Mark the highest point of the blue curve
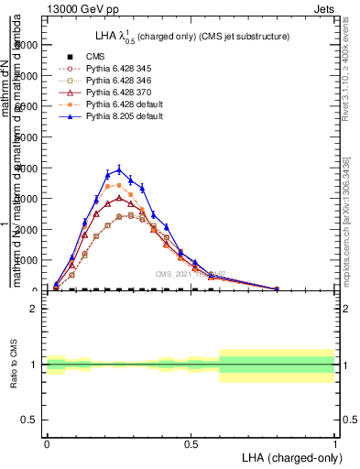pyautogui.click(x=119, y=169)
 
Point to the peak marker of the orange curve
pyautogui.click(x=119, y=185)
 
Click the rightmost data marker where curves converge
pyautogui.click(x=278, y=289)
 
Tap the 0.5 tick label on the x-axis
pyautogui.click(x=191, y=442)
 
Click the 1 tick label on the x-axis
pyautogui.click(x=335, y=442)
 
